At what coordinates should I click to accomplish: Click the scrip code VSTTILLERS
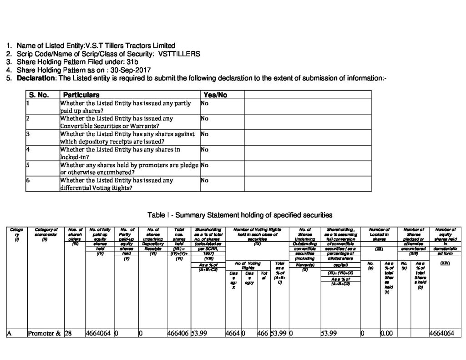[x=179, y=53]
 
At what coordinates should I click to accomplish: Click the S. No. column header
[x=38, y=95]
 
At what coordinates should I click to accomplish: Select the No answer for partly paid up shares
[x=204, y=103]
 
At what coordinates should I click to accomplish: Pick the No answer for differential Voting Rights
[x=204, y=181]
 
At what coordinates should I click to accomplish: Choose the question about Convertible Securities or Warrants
[x=116, y=122]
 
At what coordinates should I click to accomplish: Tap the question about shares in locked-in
[x=120, y=152]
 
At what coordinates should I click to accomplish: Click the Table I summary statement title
[x=240, y=214]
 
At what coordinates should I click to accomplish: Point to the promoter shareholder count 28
[x=69, y=334]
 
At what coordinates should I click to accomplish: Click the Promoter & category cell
[x=44, y=334]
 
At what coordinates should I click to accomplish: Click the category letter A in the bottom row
[x=9, y=334]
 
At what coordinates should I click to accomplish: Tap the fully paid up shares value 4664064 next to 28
[x=98, y=334]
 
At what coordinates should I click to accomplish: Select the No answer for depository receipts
[x=204, y=134]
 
